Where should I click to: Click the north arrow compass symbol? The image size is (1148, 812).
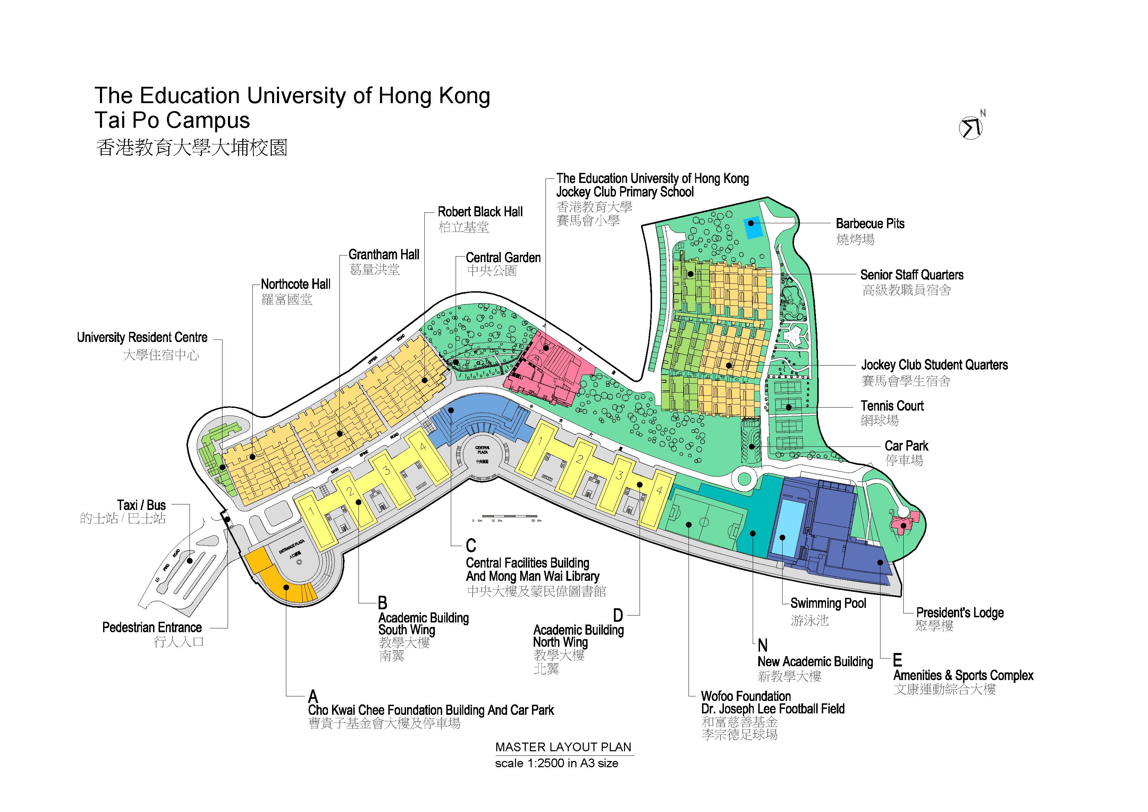(971, 127)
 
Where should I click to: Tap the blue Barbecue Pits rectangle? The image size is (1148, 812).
(751, 228)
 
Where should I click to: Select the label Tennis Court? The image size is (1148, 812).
(892, 406)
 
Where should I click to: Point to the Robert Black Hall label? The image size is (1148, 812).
(480, 212)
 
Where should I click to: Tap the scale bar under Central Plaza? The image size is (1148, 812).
(509, 516)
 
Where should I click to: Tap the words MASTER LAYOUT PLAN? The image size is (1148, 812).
(563, 747)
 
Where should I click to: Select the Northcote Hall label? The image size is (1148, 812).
(295, 285)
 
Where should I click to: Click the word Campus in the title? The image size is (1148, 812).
(208, 120)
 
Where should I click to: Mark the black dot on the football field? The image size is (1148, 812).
(689, 525)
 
